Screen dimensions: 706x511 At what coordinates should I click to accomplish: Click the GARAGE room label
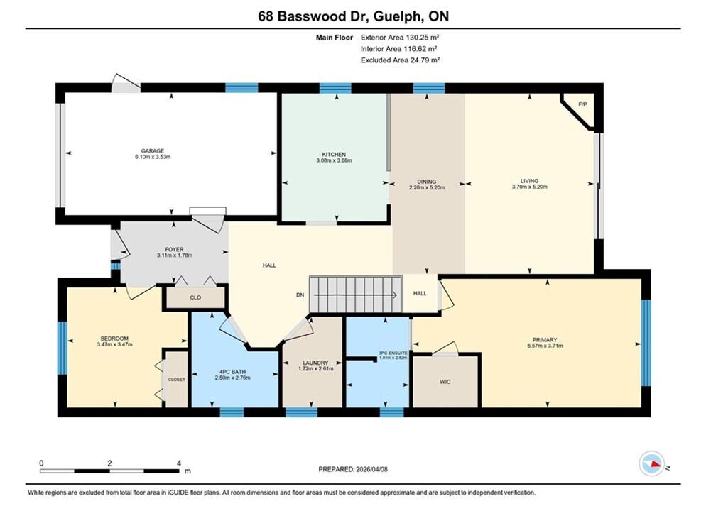(153, 151)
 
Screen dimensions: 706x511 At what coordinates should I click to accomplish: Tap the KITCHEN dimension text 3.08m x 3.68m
(334, 160)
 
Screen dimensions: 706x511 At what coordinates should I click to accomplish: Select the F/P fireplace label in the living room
(582, 104)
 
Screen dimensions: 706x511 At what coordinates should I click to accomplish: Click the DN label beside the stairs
(300, 295)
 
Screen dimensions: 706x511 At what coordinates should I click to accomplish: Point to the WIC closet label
(445, 382)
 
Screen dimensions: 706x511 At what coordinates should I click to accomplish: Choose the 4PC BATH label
(233, 372)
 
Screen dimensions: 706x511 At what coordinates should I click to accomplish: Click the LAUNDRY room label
(315, 363)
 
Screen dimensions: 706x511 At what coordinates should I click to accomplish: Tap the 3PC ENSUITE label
(393, 353)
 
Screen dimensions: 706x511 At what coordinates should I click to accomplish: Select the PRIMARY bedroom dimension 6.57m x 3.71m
(545, 346)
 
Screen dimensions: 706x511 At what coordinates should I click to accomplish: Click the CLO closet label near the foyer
(195, 297)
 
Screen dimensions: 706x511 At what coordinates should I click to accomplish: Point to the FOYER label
(174, 249)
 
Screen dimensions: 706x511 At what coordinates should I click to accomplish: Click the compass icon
(651, 463)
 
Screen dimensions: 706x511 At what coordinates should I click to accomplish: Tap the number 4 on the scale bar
(179, 463)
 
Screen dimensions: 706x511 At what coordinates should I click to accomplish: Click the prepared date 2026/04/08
(372, 469)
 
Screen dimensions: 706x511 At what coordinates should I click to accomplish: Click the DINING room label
(426, 182)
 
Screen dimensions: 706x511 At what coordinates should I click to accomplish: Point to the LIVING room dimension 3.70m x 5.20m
(530, 187)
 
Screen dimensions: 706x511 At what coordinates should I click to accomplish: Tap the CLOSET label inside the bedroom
(176, 380)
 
